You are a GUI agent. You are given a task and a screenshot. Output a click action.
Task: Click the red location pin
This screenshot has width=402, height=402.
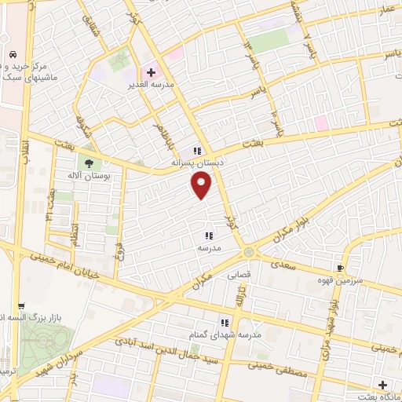tap(202, 185)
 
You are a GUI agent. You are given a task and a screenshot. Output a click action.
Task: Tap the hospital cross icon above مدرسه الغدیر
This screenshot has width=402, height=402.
tap(151, 72)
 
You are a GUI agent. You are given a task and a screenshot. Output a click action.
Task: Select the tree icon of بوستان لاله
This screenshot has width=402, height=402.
tap(88, 163)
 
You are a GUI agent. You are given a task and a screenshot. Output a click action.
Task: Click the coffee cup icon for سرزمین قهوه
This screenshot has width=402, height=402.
tap(340, 266)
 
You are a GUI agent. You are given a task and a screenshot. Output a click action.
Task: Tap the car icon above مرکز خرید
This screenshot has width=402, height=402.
tap(13, 55)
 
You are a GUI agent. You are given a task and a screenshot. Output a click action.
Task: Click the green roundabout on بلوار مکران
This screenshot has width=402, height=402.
tap(249, 251)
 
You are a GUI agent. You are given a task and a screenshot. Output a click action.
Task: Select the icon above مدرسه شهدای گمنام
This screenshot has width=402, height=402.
tap(225, 323)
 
